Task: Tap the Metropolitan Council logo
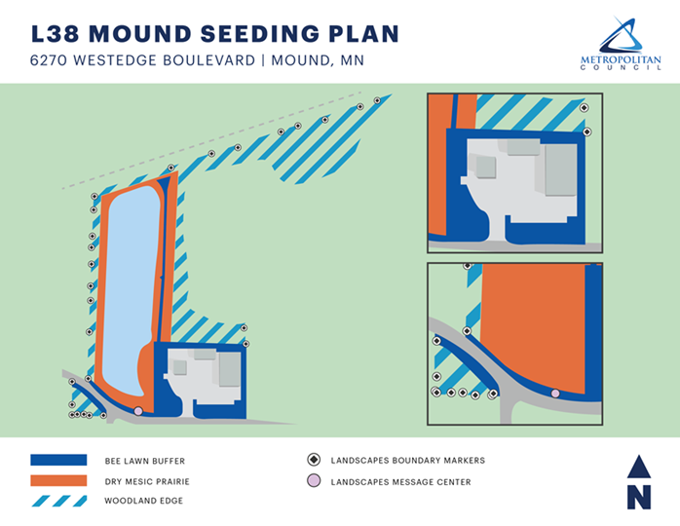tap(620, 44)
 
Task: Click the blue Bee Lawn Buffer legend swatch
tap(59, 461)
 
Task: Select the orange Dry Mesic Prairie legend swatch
tap(59, 481)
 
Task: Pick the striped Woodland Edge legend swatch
tap(59, 502)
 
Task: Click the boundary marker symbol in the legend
tap(314, 460)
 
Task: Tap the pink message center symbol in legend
tap(314, 481)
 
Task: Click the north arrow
tap(638, 482)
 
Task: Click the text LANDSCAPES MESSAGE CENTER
tap(400, 482)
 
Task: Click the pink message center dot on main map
tap(138, 411)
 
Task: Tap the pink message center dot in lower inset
tap(555, 393)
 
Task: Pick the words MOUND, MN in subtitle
tap(317, 60)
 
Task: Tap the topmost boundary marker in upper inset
tap(584, 108)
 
